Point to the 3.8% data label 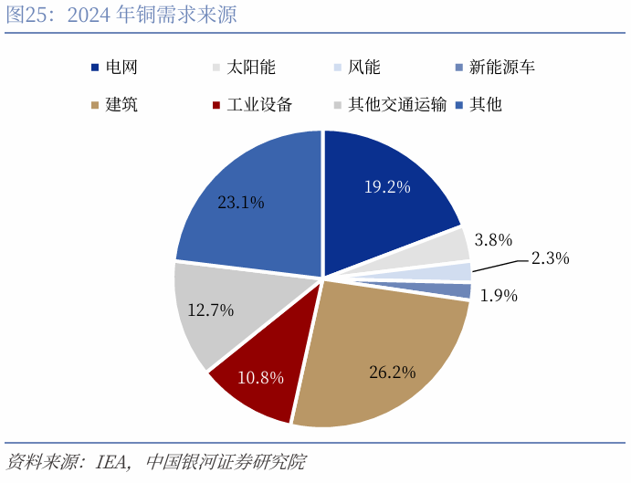click(493, 240)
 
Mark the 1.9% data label click(499, 295)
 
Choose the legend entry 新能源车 click(501, 68)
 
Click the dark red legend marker click(216, 105)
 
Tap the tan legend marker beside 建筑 click(96, 105)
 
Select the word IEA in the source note click(110, 461)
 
